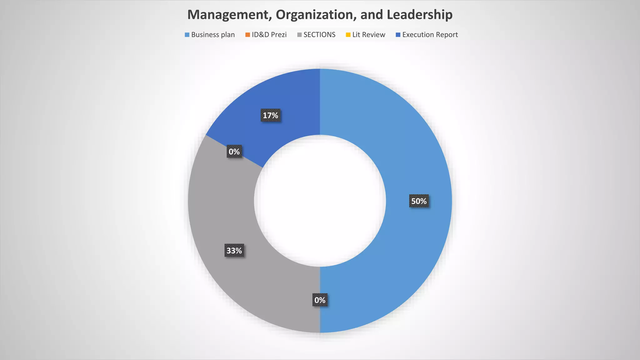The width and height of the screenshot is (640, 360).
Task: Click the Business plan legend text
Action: coord(213,35)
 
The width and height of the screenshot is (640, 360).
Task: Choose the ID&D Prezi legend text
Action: coord(269,35)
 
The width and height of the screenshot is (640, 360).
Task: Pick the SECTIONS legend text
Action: coord(319,35)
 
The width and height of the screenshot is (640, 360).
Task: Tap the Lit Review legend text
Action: coord(369,35)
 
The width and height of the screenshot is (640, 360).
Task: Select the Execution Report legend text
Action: coord(430,35)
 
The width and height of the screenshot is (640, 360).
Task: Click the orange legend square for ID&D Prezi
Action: coord(247,35)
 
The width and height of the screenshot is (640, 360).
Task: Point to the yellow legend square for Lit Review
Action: coord(348,35)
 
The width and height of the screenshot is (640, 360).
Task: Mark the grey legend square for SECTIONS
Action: coord(299,35)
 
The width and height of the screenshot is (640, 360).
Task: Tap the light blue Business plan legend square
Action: coord(187,35)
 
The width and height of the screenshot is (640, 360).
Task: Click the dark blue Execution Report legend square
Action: coord(398,35)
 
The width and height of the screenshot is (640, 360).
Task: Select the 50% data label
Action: coord(419,201)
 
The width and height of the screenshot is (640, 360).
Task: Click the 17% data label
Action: coord(270,116)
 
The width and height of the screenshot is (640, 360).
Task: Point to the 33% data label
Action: coord(234,251)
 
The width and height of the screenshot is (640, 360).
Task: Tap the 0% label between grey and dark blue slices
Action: coord(234,152)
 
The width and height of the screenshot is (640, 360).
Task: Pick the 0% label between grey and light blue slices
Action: coord(320,300)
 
